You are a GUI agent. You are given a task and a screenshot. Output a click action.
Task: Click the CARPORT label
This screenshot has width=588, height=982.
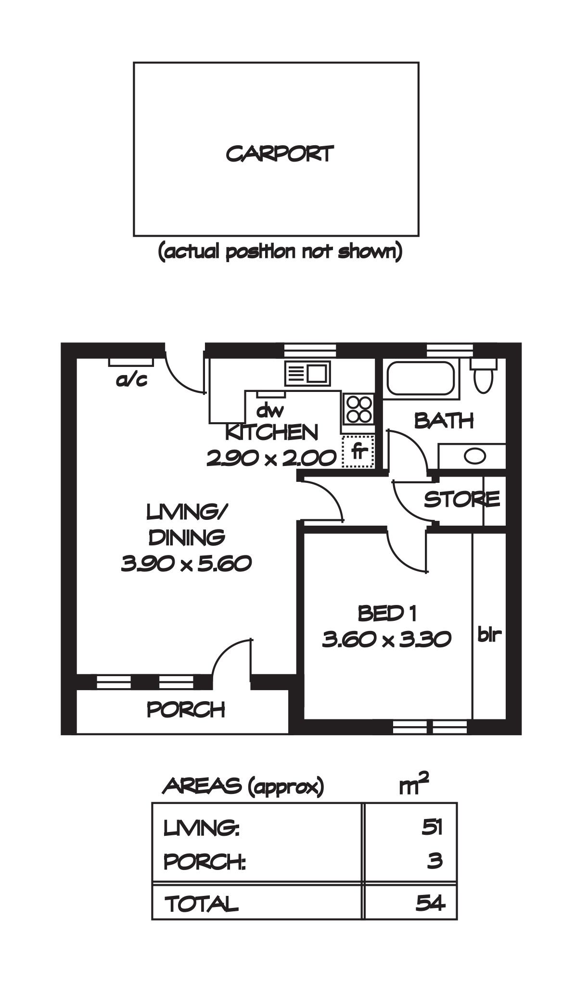pos(280,154)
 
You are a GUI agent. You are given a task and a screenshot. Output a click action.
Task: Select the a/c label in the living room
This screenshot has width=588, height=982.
pos(131,380)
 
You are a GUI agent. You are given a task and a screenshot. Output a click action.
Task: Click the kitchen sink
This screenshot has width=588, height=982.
pos(308,373)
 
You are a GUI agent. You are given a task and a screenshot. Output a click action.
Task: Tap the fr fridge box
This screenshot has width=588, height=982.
pos(358,452)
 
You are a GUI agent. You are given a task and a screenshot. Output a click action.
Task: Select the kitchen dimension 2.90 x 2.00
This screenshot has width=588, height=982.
pos(271,458)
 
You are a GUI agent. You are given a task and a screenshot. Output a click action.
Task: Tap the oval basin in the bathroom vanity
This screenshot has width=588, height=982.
pos(475,456)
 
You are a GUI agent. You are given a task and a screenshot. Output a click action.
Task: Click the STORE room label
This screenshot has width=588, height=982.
pos(461,499)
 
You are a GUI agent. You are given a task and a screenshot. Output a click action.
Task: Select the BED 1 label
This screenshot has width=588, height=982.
pos(386,613)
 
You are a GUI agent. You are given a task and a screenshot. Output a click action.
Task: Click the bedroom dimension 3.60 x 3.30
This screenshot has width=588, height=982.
pos(386,639)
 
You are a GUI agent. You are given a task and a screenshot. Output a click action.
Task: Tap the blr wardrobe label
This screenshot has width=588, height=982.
pos(489,634)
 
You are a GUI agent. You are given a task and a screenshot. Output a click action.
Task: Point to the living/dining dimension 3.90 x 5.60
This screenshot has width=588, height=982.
pos(186,563)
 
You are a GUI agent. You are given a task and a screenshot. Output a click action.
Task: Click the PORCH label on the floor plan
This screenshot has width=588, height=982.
pos(186,710)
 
